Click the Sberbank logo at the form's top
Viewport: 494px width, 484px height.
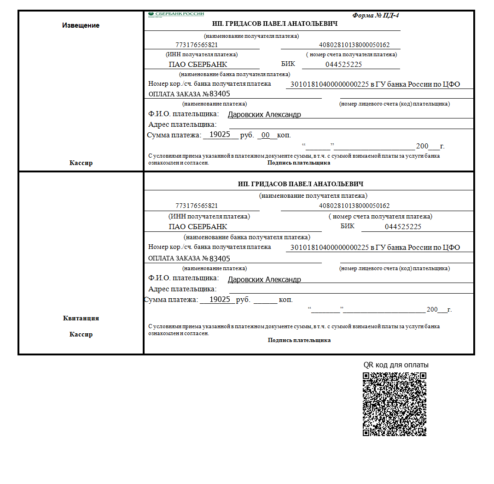[x=176, y=14]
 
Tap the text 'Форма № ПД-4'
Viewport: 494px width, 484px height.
[x=376, y=15]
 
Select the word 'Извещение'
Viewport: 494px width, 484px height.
[x=81, y=25]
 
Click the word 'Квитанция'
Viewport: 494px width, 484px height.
[x=81, y=318]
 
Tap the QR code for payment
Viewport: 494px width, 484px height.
[x=395, y=404]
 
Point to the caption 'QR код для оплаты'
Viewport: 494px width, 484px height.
[x=396, y=365]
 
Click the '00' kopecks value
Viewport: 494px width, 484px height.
[x=266, y=135]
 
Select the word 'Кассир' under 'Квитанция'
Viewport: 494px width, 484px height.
[x=81, y=334]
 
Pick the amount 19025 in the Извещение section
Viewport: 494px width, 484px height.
[x=220, y=135]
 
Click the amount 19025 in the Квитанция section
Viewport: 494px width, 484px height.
[x=220, y=299]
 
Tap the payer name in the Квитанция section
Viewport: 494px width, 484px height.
[x=264, y=279]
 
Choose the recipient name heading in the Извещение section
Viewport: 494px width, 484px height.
[x=275, y=24]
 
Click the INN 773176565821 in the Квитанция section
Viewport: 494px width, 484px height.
[x=197, y=206]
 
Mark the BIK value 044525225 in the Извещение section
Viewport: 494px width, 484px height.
[x=343, y=65]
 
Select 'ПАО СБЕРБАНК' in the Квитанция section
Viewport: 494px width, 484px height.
[x=198, y=227]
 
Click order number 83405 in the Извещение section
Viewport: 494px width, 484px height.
[x=220, y=94]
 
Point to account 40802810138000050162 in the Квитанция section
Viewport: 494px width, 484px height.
[x=354, y=206]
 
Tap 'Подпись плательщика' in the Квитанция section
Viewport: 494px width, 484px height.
[x=299, y=340]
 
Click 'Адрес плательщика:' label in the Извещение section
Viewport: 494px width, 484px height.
[x=182, y=124]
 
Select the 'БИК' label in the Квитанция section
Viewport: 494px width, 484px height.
[x=348, y=226]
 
